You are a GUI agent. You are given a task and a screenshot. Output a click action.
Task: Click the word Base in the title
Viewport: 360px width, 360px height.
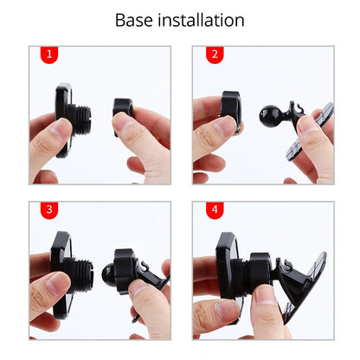[x=136, y=20]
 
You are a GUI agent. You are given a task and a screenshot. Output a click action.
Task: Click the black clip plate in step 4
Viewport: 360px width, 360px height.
[x=303, y=286]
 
